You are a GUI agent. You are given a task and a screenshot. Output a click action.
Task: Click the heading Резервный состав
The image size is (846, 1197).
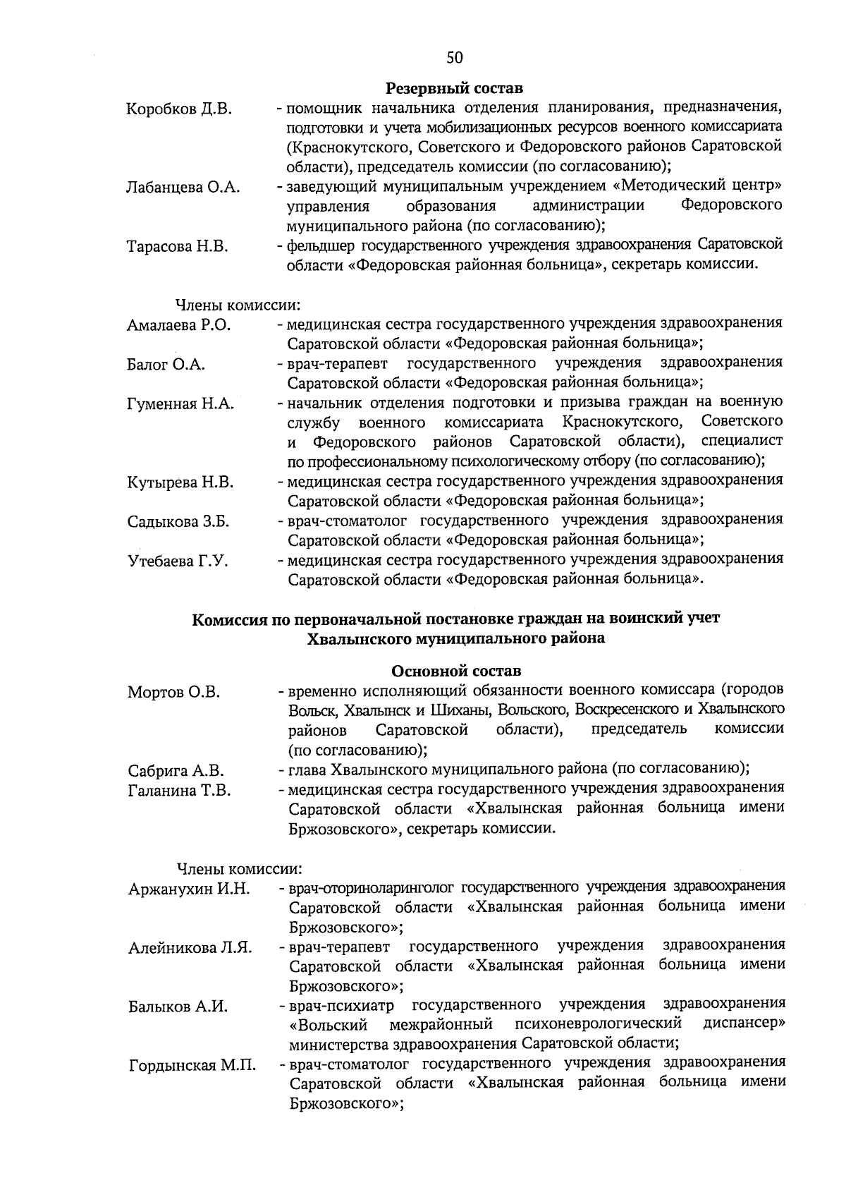(x=455, y=90)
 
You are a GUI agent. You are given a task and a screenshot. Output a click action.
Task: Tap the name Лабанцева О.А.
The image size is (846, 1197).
(x=183, y=188)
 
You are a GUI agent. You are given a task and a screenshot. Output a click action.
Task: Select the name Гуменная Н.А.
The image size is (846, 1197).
(x=180, y=404)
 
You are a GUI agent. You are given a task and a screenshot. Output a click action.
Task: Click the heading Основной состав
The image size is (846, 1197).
(x=456, y=671)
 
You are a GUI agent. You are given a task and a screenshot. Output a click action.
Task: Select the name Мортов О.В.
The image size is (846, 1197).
(x=173, y=692)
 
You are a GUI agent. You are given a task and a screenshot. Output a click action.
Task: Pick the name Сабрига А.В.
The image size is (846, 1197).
(x=176, y=771)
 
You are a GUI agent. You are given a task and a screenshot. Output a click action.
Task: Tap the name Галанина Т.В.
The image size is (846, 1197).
(x=179, y=791)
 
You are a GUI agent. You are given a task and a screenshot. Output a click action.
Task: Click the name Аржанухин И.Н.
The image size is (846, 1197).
(x=189, y=889)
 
